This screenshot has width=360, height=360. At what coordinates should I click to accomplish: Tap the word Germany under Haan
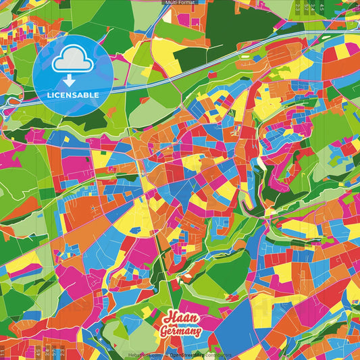[180, 332]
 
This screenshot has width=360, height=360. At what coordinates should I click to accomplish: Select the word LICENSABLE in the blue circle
[72, 95]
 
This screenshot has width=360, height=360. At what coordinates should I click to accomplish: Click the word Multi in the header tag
[171, 3]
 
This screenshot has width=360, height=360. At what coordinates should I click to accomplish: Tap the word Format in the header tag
[186, 3]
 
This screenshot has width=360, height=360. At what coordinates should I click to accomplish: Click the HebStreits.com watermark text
[142, 355]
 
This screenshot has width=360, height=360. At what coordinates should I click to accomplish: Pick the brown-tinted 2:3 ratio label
[61, 352]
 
